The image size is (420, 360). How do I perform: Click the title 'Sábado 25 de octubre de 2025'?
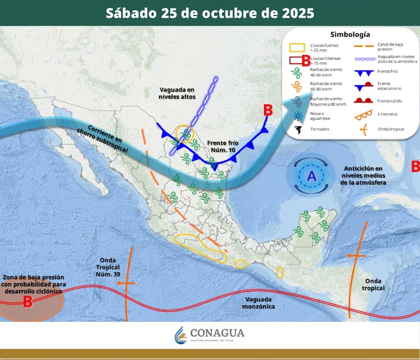(210, 13)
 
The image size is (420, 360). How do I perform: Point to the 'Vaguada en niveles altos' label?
(177, 93)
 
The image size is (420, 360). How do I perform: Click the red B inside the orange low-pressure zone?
(28, 301)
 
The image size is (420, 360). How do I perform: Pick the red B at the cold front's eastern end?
(268, 110)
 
